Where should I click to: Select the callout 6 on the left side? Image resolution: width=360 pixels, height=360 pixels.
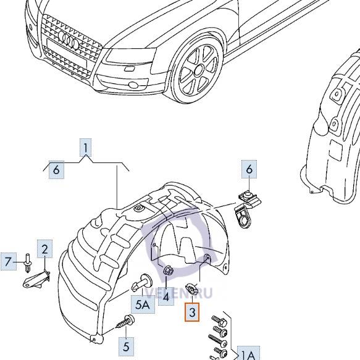(56, 169)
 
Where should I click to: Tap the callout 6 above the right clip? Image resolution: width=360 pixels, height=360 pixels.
(249, 169)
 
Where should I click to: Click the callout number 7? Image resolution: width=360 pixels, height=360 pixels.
(9, 262)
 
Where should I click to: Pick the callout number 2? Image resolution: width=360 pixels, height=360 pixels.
(44, 249)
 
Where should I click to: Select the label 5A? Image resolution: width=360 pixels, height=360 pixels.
(142, 304)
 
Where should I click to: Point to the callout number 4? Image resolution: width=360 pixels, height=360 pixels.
(165, 297)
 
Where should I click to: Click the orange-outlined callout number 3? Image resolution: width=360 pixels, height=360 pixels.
(192, 313)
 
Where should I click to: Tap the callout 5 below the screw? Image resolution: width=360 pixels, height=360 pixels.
(125, 346)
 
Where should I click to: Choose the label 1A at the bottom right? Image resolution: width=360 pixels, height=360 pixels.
(247, 354)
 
